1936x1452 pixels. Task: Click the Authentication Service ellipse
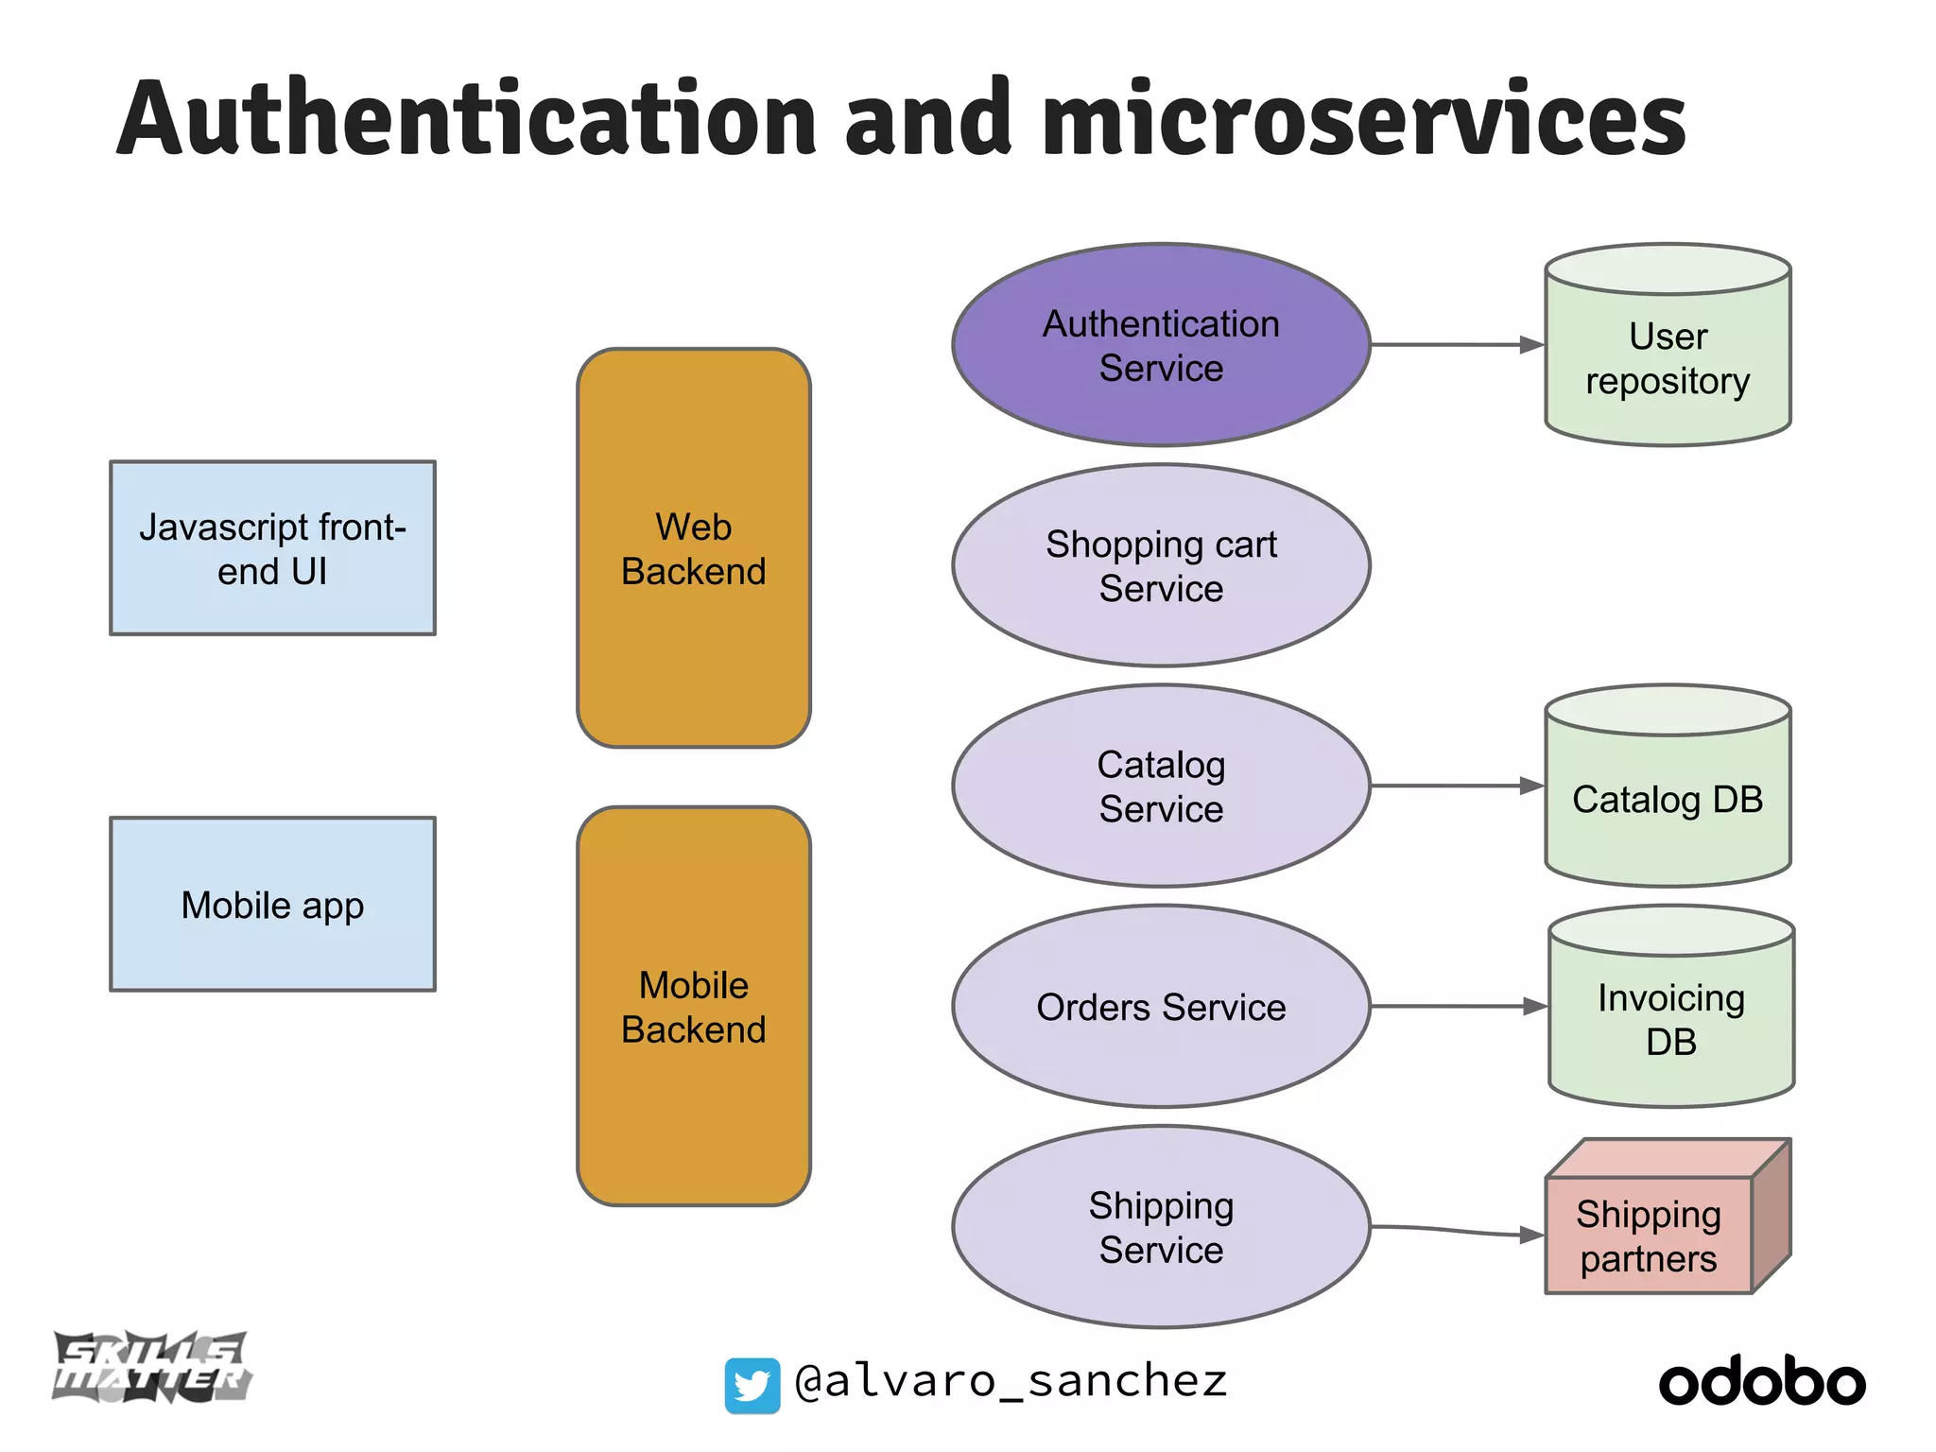point(1161,345)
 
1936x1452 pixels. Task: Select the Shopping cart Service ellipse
point(1161,565)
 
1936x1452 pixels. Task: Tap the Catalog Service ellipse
point(1161,786)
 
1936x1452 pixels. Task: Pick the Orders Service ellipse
point(1161,1007)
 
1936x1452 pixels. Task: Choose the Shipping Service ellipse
point(1161,1227)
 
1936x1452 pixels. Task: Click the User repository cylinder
point(1668,359)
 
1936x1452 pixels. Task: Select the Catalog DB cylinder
point(1668,800)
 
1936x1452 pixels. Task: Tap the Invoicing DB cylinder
point(1670,1021)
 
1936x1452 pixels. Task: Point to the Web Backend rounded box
point(694,548)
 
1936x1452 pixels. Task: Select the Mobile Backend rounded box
point(694,1007)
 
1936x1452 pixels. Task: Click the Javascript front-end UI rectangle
point(272,548)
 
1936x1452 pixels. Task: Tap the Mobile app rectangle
point(272,905)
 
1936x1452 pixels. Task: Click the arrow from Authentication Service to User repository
point(1456,345)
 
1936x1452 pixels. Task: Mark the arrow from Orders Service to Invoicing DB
point(1456,1007)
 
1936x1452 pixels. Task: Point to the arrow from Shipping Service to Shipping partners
point(1456,1230)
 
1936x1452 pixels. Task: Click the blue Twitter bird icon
point(752,1385)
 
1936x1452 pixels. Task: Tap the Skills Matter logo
point(151,1367)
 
